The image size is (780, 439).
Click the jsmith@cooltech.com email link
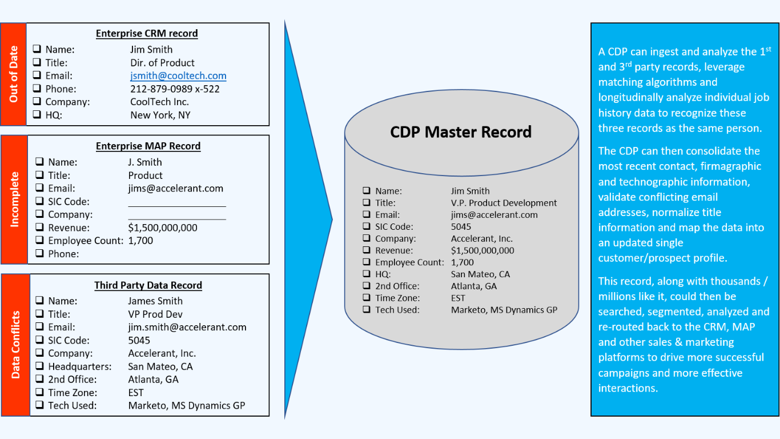[x=178, y=75]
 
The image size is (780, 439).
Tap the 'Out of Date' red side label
[x=14, y=74]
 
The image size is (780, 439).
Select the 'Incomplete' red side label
[x=15, y=199]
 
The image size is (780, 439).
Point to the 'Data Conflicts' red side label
[x=15, y=345]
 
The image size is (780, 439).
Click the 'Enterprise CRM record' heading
[x=147, y=33]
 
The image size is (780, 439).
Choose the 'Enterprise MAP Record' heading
[x=148, y=146]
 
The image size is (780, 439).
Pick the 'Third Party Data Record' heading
[x=148, y=285]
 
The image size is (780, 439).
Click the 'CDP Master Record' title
[x=461, y=132]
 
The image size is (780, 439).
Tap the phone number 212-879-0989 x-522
[x=175, y=89]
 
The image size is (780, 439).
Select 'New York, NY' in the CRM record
[x=160, y=115]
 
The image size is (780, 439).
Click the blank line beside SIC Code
[x=177, y=202]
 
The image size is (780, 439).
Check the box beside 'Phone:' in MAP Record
[x=39, y=254]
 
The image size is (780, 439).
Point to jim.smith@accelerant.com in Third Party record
[x=187, y=327]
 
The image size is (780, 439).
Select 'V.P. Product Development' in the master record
[x=504, y=203]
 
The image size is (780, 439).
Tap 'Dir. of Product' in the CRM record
[x=162, y=62]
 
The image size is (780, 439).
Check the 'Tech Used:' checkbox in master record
[x=366, y=310]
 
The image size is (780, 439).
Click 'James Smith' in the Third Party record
[x=155, y=301]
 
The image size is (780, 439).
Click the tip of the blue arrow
[x=331, y=218]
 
